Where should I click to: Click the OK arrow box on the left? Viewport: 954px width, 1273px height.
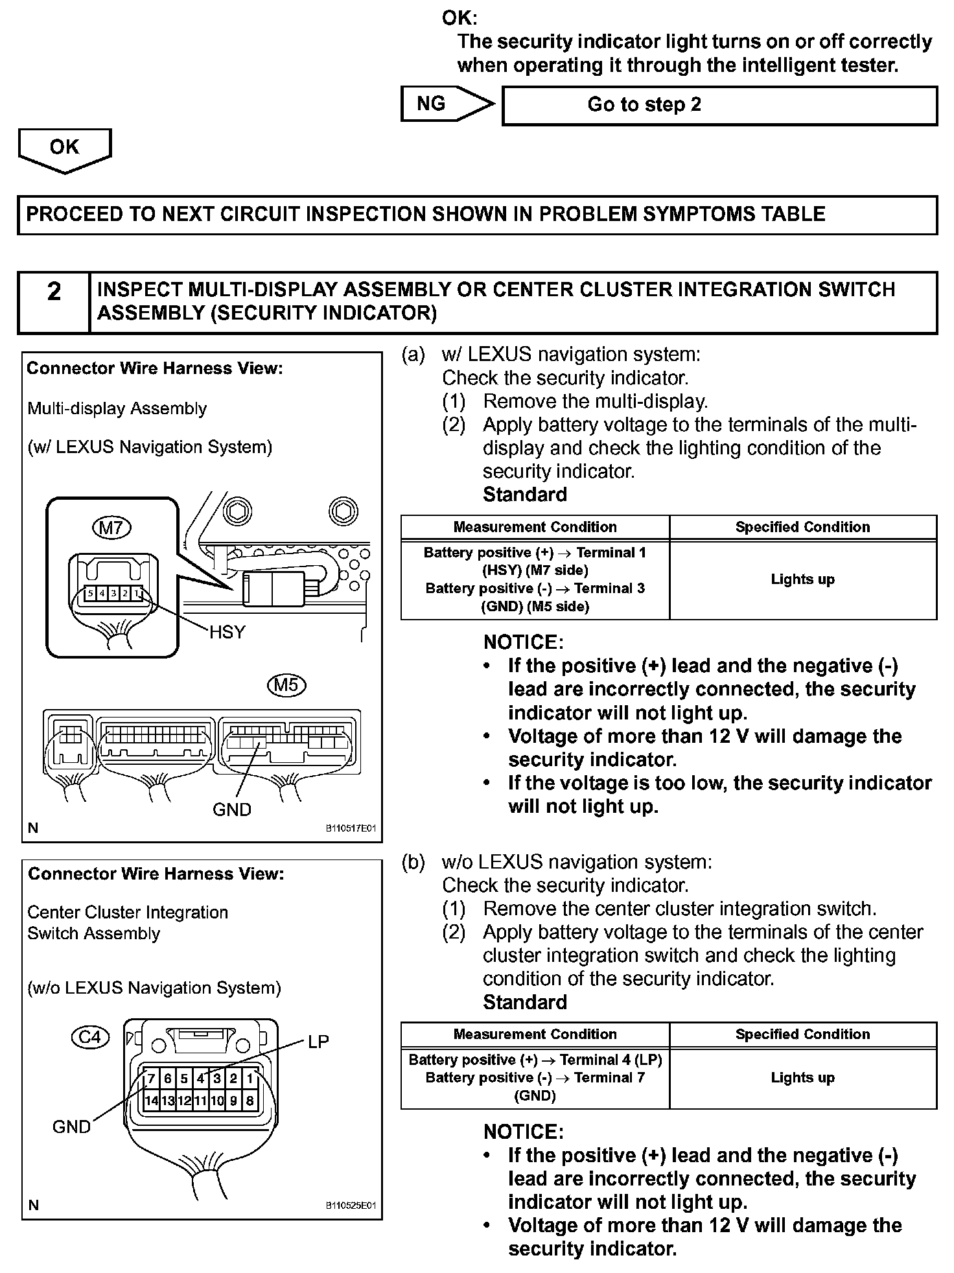64,148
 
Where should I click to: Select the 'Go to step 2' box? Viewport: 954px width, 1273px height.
719,105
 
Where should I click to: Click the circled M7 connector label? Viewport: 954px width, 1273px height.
111,528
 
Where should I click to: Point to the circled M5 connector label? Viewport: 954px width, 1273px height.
286,685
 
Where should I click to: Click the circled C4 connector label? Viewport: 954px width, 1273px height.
90,1038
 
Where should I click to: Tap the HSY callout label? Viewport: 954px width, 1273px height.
227,632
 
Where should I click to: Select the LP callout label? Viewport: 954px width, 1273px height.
318,1042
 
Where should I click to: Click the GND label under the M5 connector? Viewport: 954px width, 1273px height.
231,809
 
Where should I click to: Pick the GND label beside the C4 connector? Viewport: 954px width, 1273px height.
71,1127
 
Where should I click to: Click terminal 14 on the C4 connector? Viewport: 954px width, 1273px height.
151,1100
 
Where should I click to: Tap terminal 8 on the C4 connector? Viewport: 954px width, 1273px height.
250,1100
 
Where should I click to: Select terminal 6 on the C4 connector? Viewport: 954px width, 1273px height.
167,1079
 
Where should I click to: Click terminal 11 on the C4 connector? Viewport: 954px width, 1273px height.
200,1100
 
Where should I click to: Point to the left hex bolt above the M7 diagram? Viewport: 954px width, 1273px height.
237,511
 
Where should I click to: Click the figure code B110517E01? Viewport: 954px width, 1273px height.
351,828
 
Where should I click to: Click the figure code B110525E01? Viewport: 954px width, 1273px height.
351,1206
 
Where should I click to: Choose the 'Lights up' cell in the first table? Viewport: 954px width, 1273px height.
802,579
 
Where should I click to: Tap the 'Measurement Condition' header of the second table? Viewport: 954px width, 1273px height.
535,1034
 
